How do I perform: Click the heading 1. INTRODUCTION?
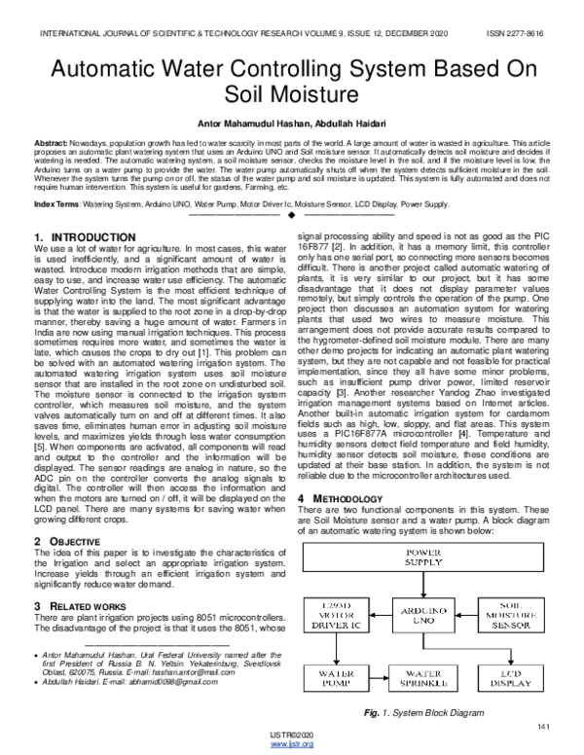[x=84, y=237]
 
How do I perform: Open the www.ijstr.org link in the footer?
[x=291, y=744]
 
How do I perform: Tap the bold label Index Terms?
[x=57, y=205]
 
